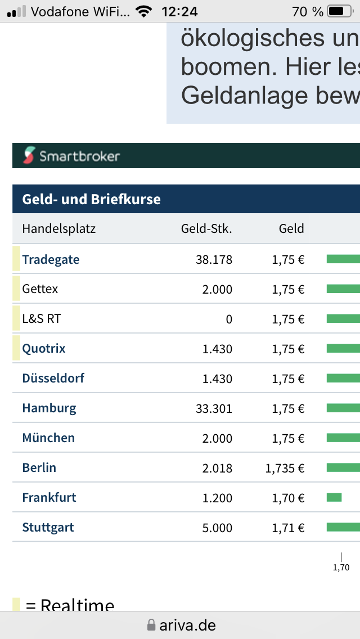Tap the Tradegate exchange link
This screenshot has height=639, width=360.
(x=51, y=259)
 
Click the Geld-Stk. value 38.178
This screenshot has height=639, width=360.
(x=214, y=259)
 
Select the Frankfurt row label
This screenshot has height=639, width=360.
(x=49, y=497)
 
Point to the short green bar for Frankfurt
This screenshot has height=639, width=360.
(x=334, y=497)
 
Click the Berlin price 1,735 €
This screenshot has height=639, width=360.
(x=285, y=468)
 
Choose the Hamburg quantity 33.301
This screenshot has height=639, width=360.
(x=214, y=408)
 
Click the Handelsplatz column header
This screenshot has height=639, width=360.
(x=59, y=228)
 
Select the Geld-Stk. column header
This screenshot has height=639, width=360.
(x=206, y=228)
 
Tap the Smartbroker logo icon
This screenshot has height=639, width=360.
(x=29, y=155)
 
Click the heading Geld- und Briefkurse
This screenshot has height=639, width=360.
(x=91, y=199)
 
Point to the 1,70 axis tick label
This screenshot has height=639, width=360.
(x=341, y=568)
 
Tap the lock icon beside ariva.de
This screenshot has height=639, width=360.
(x=151, y=625)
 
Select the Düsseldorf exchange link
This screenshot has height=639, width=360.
(x=53, y=378)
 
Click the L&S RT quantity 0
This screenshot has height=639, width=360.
(x=228, y=319)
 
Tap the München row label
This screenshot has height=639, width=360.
(x=48, y=438)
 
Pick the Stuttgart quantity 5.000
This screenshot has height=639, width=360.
(x=217, y=528)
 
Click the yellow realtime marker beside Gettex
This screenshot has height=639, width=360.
(x=16, y=289)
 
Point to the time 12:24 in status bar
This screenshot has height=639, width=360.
(x=179, y=11)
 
